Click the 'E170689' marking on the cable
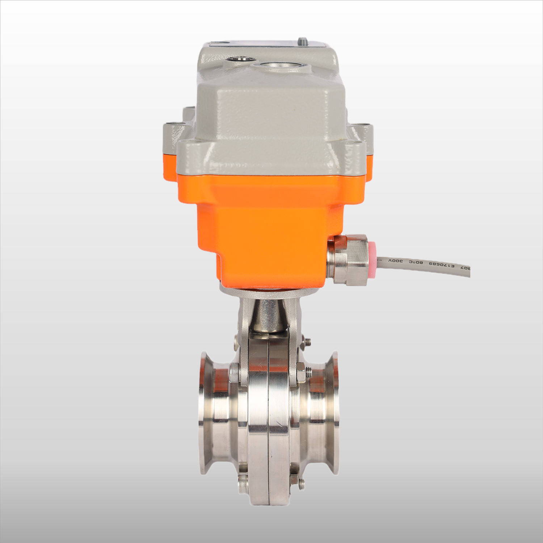(x=441, y=265)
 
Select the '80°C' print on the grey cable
(x=416, y=262)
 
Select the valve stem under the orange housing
(x=268, y=315)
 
